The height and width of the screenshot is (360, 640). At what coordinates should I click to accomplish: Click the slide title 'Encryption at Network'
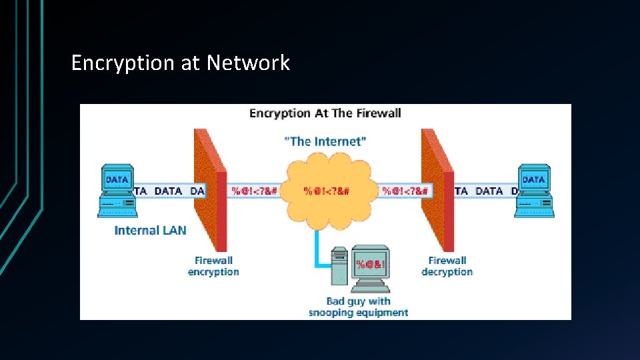point(181,63)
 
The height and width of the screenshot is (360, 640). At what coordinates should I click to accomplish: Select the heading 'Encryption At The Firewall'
point(325,113)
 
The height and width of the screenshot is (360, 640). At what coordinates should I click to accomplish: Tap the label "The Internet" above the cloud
point(325,141)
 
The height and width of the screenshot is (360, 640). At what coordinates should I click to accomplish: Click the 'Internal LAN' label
point(150,231)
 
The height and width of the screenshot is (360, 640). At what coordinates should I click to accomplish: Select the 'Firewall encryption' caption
point(213,266)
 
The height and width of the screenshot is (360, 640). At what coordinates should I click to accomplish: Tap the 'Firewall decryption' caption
point(447,266)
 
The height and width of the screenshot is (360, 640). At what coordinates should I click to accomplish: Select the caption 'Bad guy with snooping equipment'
point(358,307)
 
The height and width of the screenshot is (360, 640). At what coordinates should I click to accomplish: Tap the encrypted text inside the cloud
point(326,191)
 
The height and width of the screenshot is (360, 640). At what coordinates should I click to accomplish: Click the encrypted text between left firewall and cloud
point(253,191)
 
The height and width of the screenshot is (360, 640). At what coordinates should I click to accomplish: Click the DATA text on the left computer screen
point(117,179)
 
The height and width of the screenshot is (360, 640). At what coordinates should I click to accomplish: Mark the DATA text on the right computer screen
point(533,179)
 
